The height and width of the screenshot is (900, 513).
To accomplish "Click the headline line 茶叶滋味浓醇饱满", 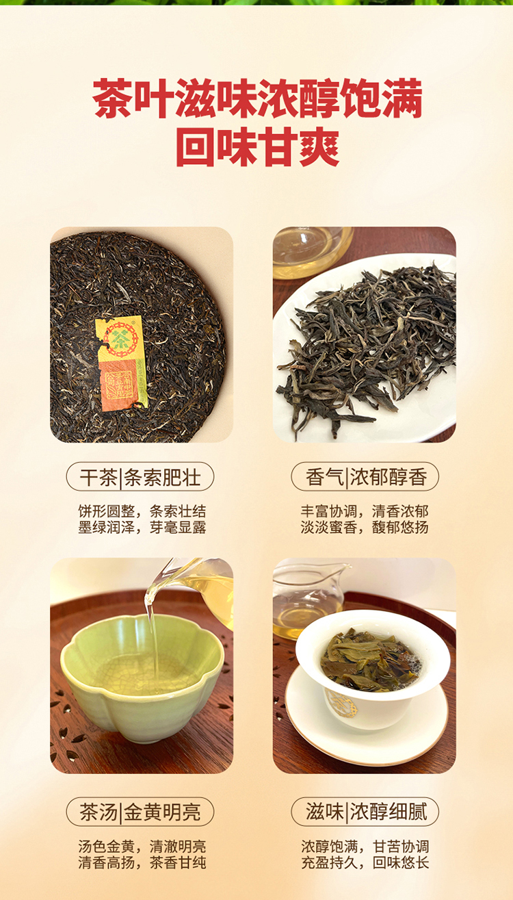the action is coord(257,99).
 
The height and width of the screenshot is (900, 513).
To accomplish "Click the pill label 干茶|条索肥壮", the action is coord(140,477).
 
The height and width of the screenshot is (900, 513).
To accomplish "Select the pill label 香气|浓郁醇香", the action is coord(365,477).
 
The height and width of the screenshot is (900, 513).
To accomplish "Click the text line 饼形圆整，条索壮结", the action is coord(142,511).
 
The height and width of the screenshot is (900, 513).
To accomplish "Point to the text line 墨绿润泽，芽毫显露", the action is coord(142,527).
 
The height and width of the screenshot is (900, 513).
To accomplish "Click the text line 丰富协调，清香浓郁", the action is coord(365,511).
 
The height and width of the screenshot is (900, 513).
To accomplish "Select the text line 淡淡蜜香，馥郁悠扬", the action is coord(365,527).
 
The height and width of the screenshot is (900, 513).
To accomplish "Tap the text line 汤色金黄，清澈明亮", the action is coord(142,847).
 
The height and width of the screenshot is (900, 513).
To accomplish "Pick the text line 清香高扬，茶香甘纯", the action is coord(142,862).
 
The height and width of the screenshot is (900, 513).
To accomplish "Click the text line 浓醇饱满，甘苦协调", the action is coord(365,847).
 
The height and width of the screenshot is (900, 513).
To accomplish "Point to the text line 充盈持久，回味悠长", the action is coord(365,862).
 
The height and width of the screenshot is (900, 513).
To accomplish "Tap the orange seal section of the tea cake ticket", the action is coord(120,385).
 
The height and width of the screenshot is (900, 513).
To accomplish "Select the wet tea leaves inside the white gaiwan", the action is coord(370,660).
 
